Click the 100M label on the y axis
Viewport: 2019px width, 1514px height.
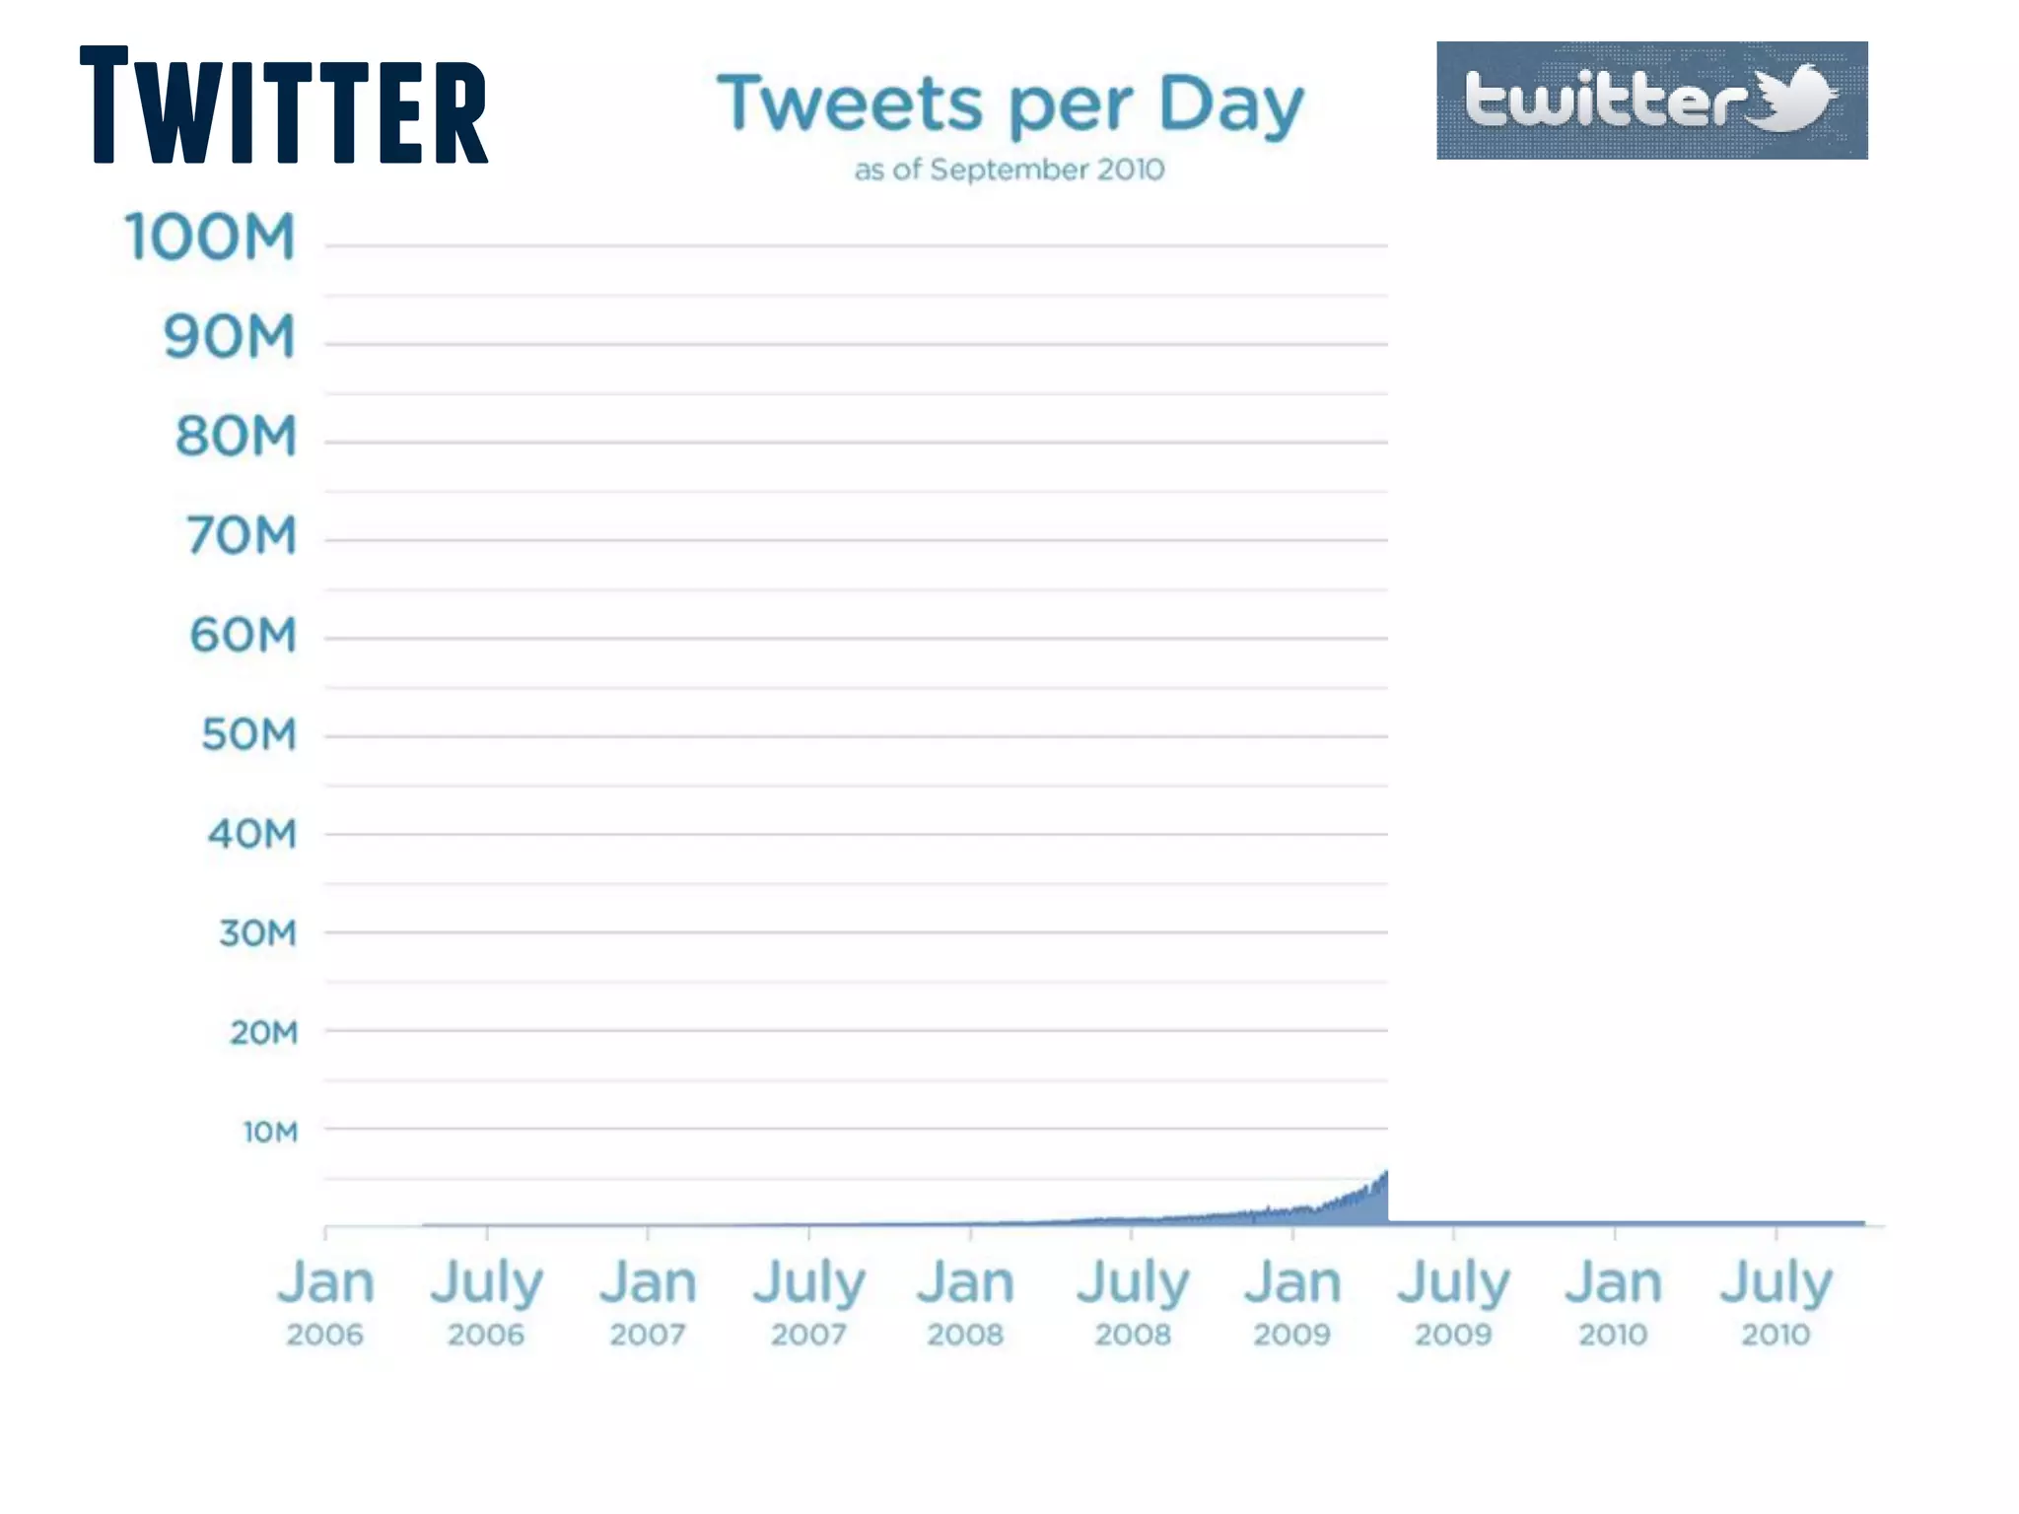pos(210,238)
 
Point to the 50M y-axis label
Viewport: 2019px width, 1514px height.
pos(248,735)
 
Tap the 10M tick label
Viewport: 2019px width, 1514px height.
pos(270,1132)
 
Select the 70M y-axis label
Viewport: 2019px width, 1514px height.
pos(242,536)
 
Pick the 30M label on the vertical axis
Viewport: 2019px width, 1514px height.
pos(257,933)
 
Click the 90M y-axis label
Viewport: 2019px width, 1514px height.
pos(229,337)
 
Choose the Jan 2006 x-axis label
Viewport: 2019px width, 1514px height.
pos(325,1301)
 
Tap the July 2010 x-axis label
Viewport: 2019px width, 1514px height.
pos(1775,1301)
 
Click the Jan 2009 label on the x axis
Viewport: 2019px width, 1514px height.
pos(1292,1301)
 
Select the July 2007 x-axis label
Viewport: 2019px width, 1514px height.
pos(808,1301)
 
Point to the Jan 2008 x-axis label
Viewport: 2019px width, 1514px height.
pos(965,1301)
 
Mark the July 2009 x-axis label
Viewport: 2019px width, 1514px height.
pos(1453,1301)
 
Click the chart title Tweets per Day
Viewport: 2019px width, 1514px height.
pos(1009,104)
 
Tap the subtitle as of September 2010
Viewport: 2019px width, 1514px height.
pos(1009,170)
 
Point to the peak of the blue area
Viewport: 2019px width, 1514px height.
pos(1385,1173)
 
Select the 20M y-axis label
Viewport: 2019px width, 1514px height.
pos(263,1033)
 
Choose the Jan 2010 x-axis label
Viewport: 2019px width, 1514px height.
pos(1613,1301)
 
